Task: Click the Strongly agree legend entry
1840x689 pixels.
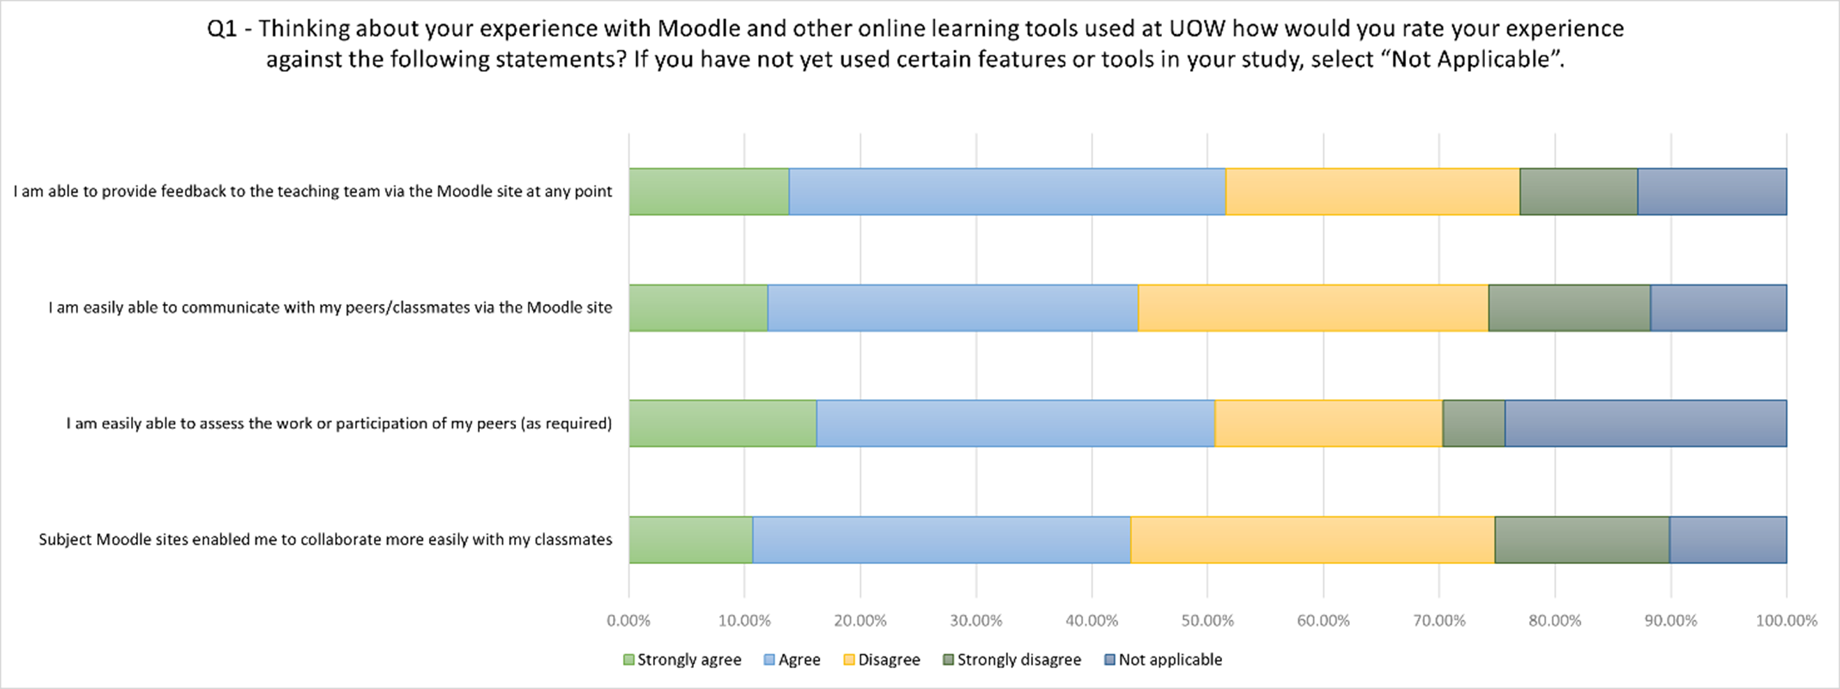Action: click(x=682, y=660)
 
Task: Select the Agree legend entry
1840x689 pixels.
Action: click(x=792, y=660)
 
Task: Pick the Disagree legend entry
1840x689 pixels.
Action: click(x=882, y=660)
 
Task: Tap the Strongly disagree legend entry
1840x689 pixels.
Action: click(x=1012, y=660)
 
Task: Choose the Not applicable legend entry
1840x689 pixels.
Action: click(x=1163, y=660)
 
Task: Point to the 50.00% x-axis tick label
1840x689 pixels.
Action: click(x=1207, y=621)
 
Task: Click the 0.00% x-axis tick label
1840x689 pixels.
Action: click(x=628, y=621)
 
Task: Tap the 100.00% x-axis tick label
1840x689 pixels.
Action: click(x=1786, y=621)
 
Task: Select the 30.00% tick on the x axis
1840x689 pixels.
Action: click(x=976, y=621)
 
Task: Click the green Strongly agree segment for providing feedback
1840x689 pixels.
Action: click(x=709, y=191)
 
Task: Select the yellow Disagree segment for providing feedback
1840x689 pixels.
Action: click(x=1372, y=191)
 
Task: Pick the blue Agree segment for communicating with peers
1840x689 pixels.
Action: click(x=953, y=308)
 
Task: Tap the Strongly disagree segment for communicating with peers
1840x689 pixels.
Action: click(x=1569, y=308)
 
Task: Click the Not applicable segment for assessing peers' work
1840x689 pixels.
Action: click(x=1645, y=423)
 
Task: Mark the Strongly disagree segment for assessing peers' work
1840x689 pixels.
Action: click(x=1474, y=423)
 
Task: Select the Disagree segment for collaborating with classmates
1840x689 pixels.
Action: click(x=1312, y=540)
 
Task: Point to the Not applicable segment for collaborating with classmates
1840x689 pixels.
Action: click(x=1728, y=540)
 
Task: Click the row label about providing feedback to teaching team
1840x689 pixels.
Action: click(x=313, y=191)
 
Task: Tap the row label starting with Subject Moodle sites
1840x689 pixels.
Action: click(x=326, y=540)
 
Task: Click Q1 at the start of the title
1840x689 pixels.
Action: click(x=221, y=29)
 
